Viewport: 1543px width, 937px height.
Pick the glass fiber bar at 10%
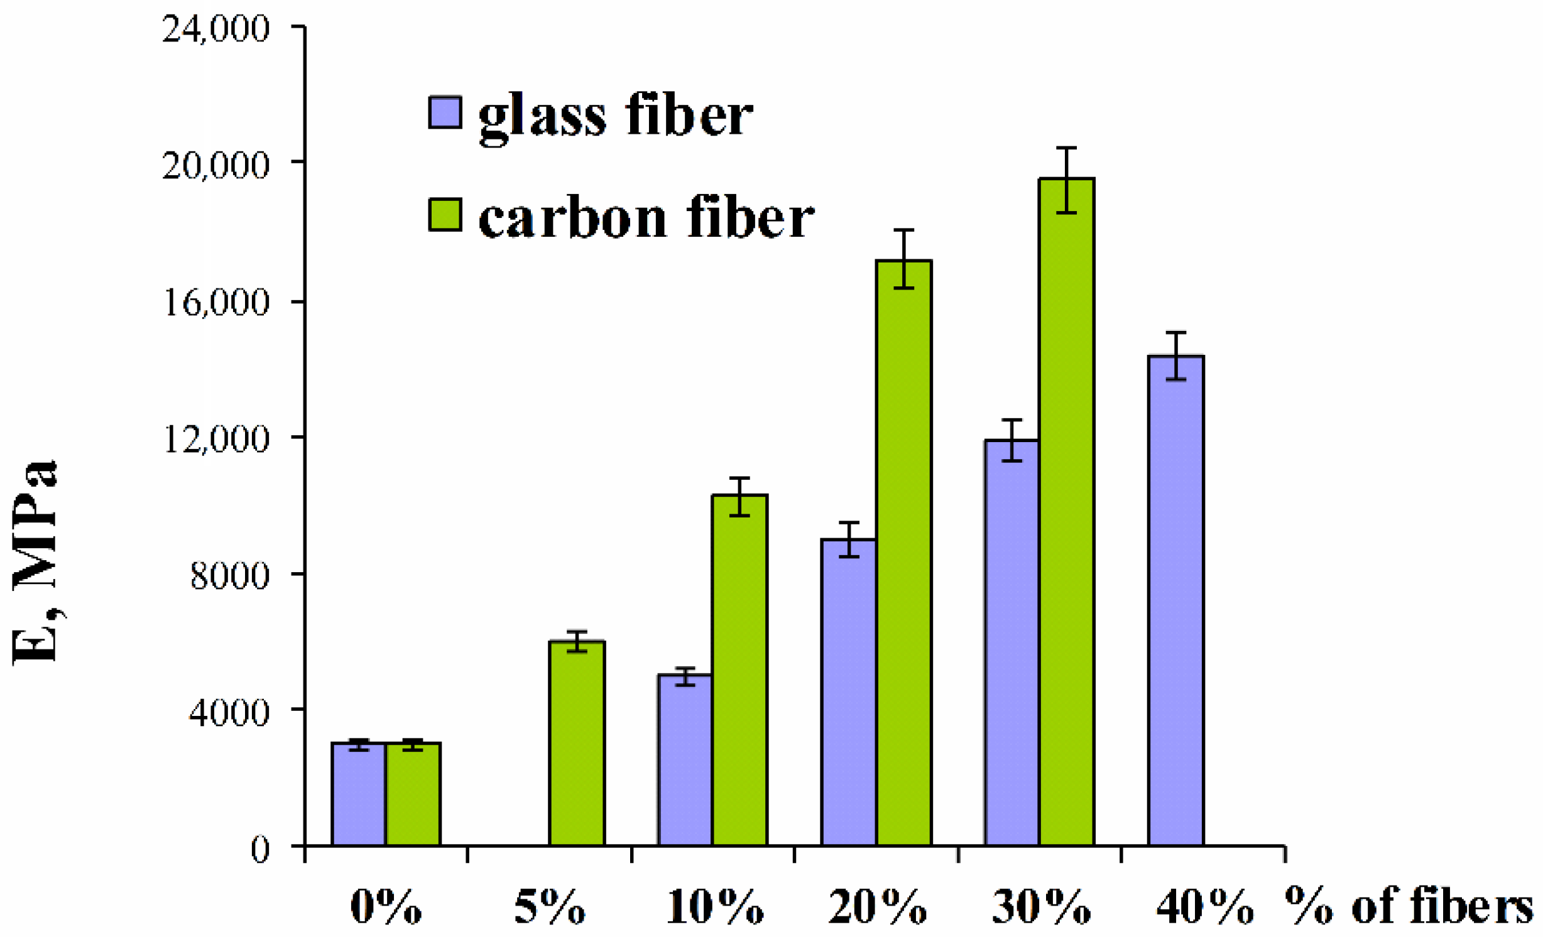click(x=685, y=760)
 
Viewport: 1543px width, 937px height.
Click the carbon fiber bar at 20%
click(x=903, y=553)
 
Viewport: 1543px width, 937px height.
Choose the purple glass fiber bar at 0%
click(x=358, y=794)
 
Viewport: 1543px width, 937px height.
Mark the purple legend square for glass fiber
click(x=445, y=112)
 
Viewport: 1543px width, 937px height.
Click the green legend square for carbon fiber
click(x=445, y=214)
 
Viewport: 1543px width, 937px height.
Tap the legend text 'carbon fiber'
click(x=646, y=217)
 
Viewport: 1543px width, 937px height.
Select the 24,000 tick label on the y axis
click(x=215, y=28)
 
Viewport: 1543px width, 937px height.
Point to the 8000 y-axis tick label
click(x=229, y=575)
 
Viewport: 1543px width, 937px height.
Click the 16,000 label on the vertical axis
click(x=215, y=301)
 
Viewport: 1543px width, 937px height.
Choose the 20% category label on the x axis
click(x=877, y=907)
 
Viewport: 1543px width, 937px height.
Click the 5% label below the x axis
click(x=549, y=907)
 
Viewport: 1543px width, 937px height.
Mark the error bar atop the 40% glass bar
click(x=1175, y=356)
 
